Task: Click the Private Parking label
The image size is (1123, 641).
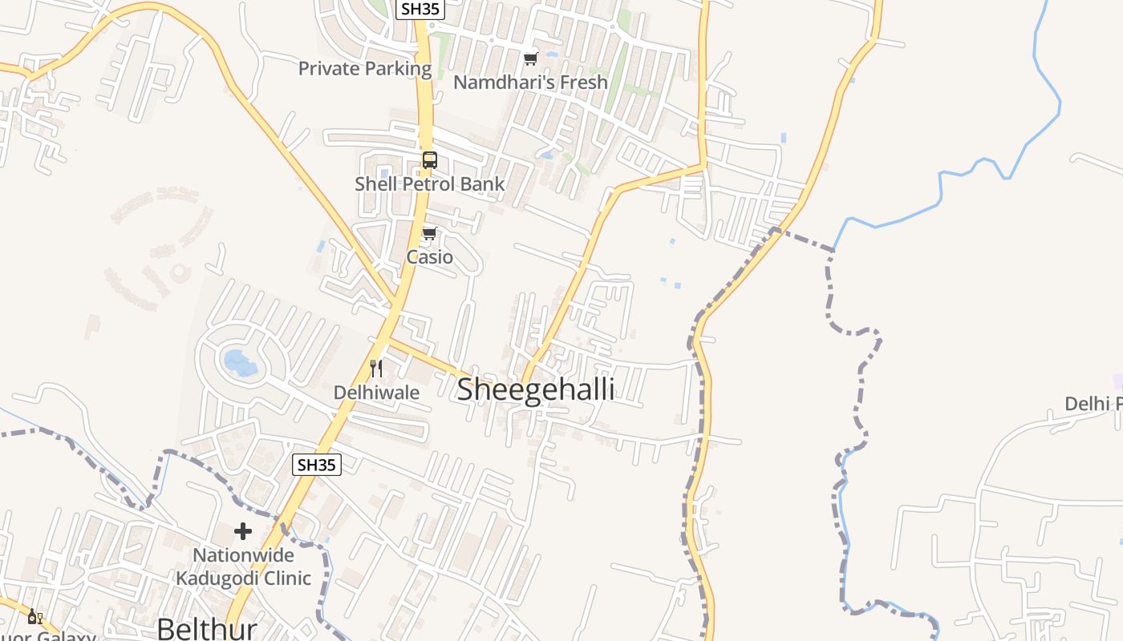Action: pos(365,69)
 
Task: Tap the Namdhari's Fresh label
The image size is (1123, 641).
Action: pos(530,83)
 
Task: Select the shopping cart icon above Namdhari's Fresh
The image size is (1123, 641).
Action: pos(530,58)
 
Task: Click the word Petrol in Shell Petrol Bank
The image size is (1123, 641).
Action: pos(430,184)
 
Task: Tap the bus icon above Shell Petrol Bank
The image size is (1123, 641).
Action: pos(430,159)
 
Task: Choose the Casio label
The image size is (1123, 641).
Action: pos(429,257)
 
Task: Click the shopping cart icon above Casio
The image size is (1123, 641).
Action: pos(429,234)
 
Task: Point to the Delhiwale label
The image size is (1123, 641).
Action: pos(376,393)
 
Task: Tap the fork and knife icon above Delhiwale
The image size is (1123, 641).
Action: pos(375,369)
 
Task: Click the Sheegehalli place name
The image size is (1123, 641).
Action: pos(535,390)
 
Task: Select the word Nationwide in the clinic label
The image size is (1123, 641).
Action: pos(243,555)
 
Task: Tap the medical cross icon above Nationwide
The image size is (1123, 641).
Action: pos(243,531)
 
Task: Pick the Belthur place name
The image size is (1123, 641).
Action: pos(206,628)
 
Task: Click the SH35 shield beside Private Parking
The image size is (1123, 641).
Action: pos(420,9)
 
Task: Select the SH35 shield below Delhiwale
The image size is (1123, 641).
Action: pos(317,464)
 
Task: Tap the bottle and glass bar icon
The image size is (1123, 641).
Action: pos(34,616)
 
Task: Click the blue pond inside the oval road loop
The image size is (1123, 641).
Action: pos(240,363)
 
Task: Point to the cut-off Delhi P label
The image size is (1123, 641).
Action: pos(1093,404)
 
